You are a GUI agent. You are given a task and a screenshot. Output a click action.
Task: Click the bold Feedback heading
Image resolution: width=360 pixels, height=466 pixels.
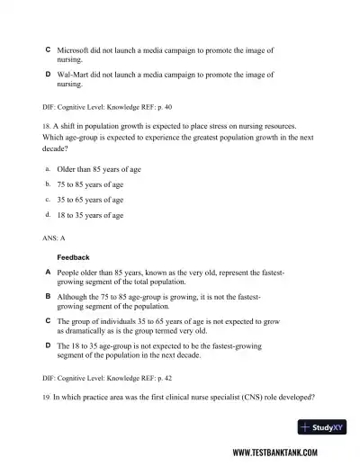[x=73, y=257]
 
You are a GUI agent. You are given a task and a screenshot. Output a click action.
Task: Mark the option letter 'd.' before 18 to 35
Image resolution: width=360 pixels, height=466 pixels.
[x=47, y=215]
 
